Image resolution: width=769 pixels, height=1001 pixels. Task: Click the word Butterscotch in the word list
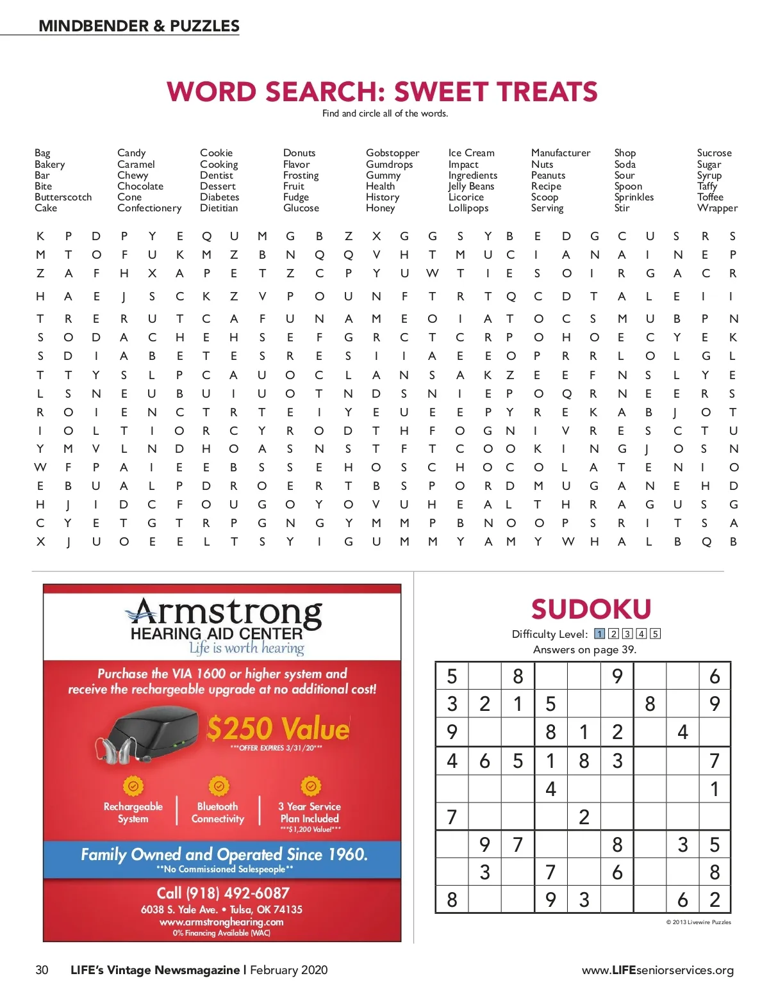pos(63,197)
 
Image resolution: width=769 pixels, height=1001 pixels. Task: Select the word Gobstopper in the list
pos(392,153)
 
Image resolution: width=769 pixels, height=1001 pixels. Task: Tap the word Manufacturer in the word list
pos(561,153)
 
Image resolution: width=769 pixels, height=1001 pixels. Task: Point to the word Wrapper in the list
pos(717,208)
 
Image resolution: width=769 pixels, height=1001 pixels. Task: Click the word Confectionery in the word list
pos(149,208)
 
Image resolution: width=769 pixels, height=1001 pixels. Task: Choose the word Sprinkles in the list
pos(634,197)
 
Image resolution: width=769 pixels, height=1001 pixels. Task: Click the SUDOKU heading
pos(591,609)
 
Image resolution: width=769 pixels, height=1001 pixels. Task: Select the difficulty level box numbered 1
pos(599,634)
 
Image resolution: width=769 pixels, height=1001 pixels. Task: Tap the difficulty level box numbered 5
pos(655,634)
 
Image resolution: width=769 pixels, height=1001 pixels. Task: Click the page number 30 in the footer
pos(42,970)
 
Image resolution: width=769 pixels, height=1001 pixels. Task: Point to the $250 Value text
pos(278,729)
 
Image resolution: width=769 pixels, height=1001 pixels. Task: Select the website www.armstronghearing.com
pos(221,922)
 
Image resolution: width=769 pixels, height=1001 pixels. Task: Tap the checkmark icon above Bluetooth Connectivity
pos(219,785)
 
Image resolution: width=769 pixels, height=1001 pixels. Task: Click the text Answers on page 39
pos(584,649)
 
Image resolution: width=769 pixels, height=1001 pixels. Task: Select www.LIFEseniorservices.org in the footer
pos(657,970)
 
